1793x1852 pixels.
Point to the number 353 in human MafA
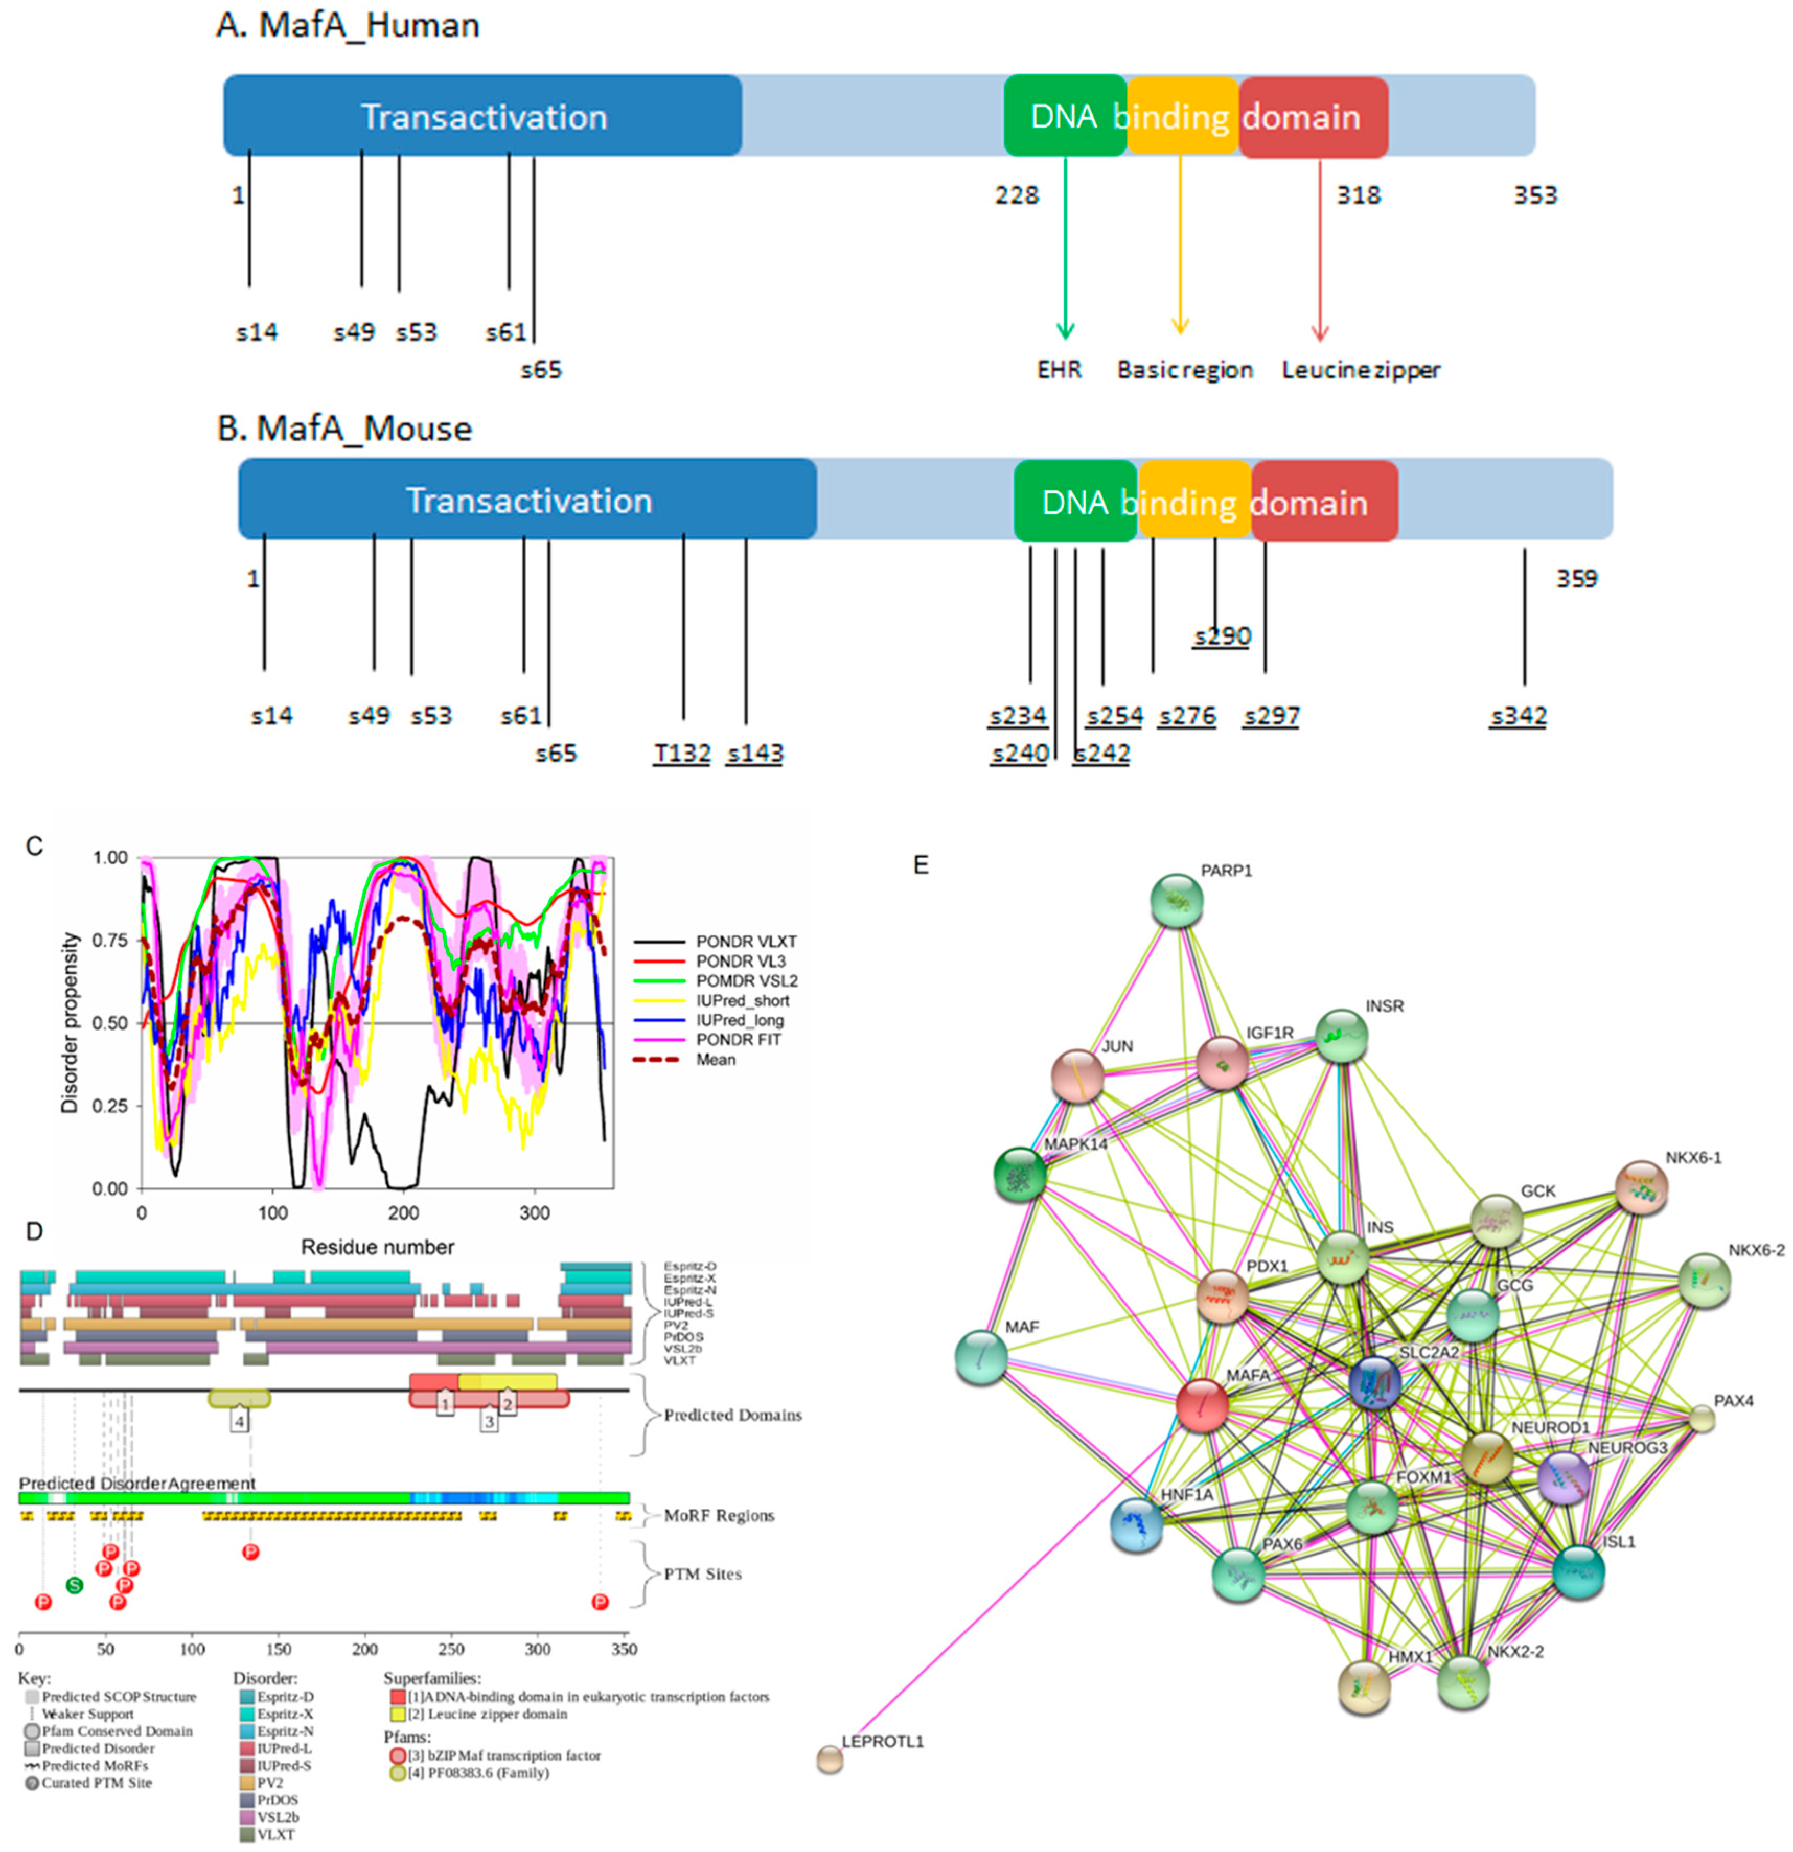[1534, 195]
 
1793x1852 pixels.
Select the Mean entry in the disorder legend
[716, 1059]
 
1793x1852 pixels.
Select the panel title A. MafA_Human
[348, 26]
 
